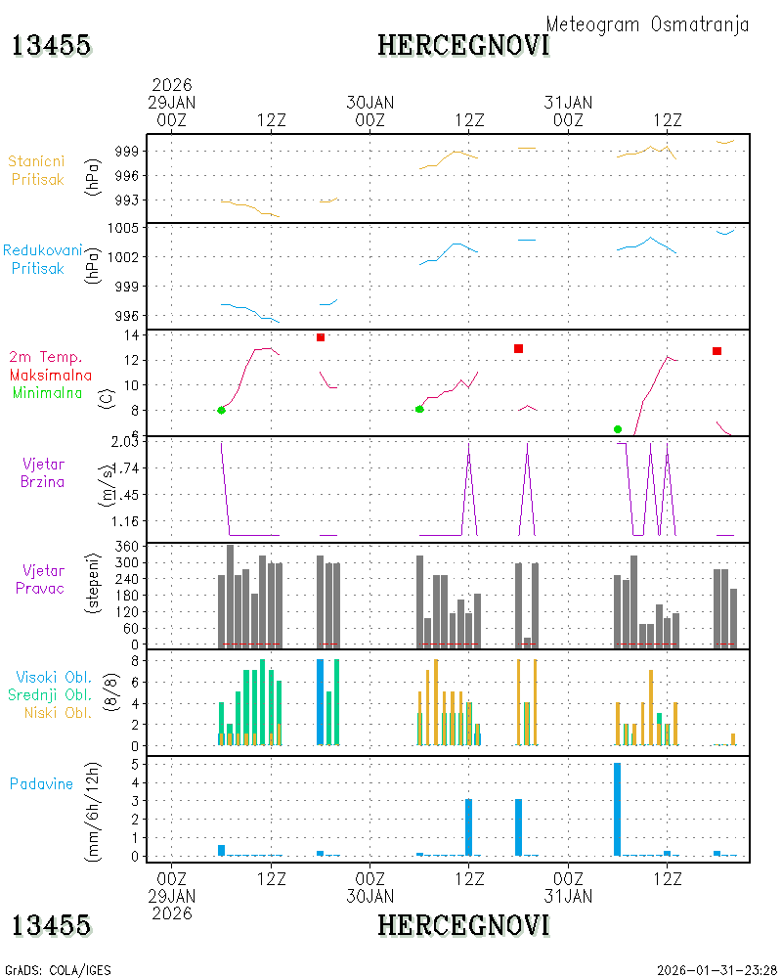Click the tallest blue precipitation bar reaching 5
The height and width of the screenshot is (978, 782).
click(618, 809)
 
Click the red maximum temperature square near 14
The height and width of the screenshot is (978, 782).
click(321, 337)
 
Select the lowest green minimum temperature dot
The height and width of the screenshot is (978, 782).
click(618, 429)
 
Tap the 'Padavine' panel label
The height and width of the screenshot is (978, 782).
click(41, 784)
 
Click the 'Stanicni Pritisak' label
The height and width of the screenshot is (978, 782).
click(37, 170)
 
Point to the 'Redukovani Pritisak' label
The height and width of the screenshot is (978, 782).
click(42, 259)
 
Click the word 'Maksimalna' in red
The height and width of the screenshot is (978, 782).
click(51, 375)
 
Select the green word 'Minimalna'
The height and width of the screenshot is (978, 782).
click(47, 393)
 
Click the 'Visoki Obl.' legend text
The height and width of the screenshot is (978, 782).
click(54, 677)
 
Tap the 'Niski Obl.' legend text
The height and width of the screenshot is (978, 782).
click(58, 712)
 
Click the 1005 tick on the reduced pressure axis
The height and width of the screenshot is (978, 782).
click(123, 228)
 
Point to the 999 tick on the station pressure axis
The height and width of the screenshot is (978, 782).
click(127, 151)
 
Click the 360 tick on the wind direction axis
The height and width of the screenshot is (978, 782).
click(127, 547)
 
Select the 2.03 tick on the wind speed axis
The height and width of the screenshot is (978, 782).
click(125, 442)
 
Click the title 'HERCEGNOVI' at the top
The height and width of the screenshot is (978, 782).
click(464, 45)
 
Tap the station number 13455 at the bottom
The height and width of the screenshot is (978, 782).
click(51, 925)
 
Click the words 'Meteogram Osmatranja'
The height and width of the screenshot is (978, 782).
click(647, 25)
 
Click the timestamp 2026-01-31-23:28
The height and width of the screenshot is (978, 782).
click(717, 970)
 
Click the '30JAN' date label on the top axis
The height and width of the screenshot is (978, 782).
click(370, 103)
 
